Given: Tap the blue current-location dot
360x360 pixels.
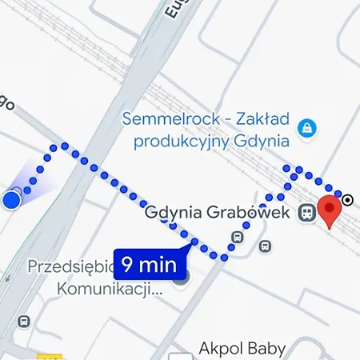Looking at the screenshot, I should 11,199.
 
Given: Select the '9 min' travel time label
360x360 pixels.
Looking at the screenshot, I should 150,262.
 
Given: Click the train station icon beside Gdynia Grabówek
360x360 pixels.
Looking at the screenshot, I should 305,214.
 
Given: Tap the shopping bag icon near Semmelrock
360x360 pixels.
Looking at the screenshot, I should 305,127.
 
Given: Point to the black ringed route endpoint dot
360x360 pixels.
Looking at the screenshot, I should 347,199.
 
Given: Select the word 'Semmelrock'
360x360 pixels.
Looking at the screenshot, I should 168,120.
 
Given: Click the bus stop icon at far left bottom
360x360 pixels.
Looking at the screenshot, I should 23,321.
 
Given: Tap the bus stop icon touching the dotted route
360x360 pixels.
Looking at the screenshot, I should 236,237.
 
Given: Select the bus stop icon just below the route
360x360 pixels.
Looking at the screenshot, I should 265,246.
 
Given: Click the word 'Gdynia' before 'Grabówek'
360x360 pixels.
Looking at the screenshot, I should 174,214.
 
